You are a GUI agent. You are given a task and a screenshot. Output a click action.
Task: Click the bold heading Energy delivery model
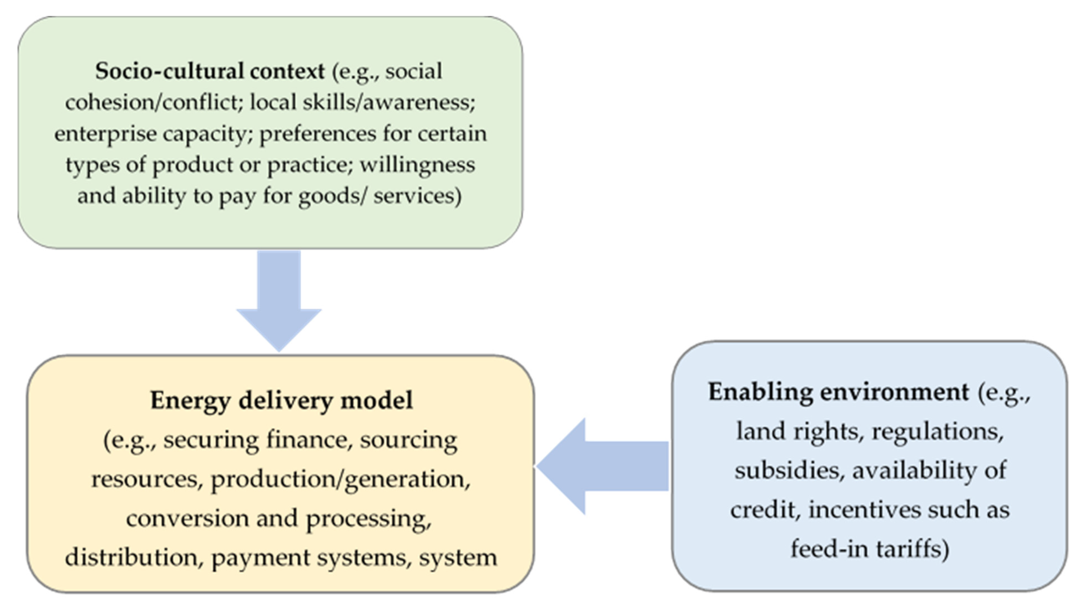click(281, 400)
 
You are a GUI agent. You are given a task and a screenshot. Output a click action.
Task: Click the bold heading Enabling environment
click(838, 392)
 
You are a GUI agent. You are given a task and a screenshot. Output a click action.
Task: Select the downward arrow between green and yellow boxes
click(279, 300)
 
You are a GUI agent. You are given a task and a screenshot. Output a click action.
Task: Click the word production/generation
click(340, 479)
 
